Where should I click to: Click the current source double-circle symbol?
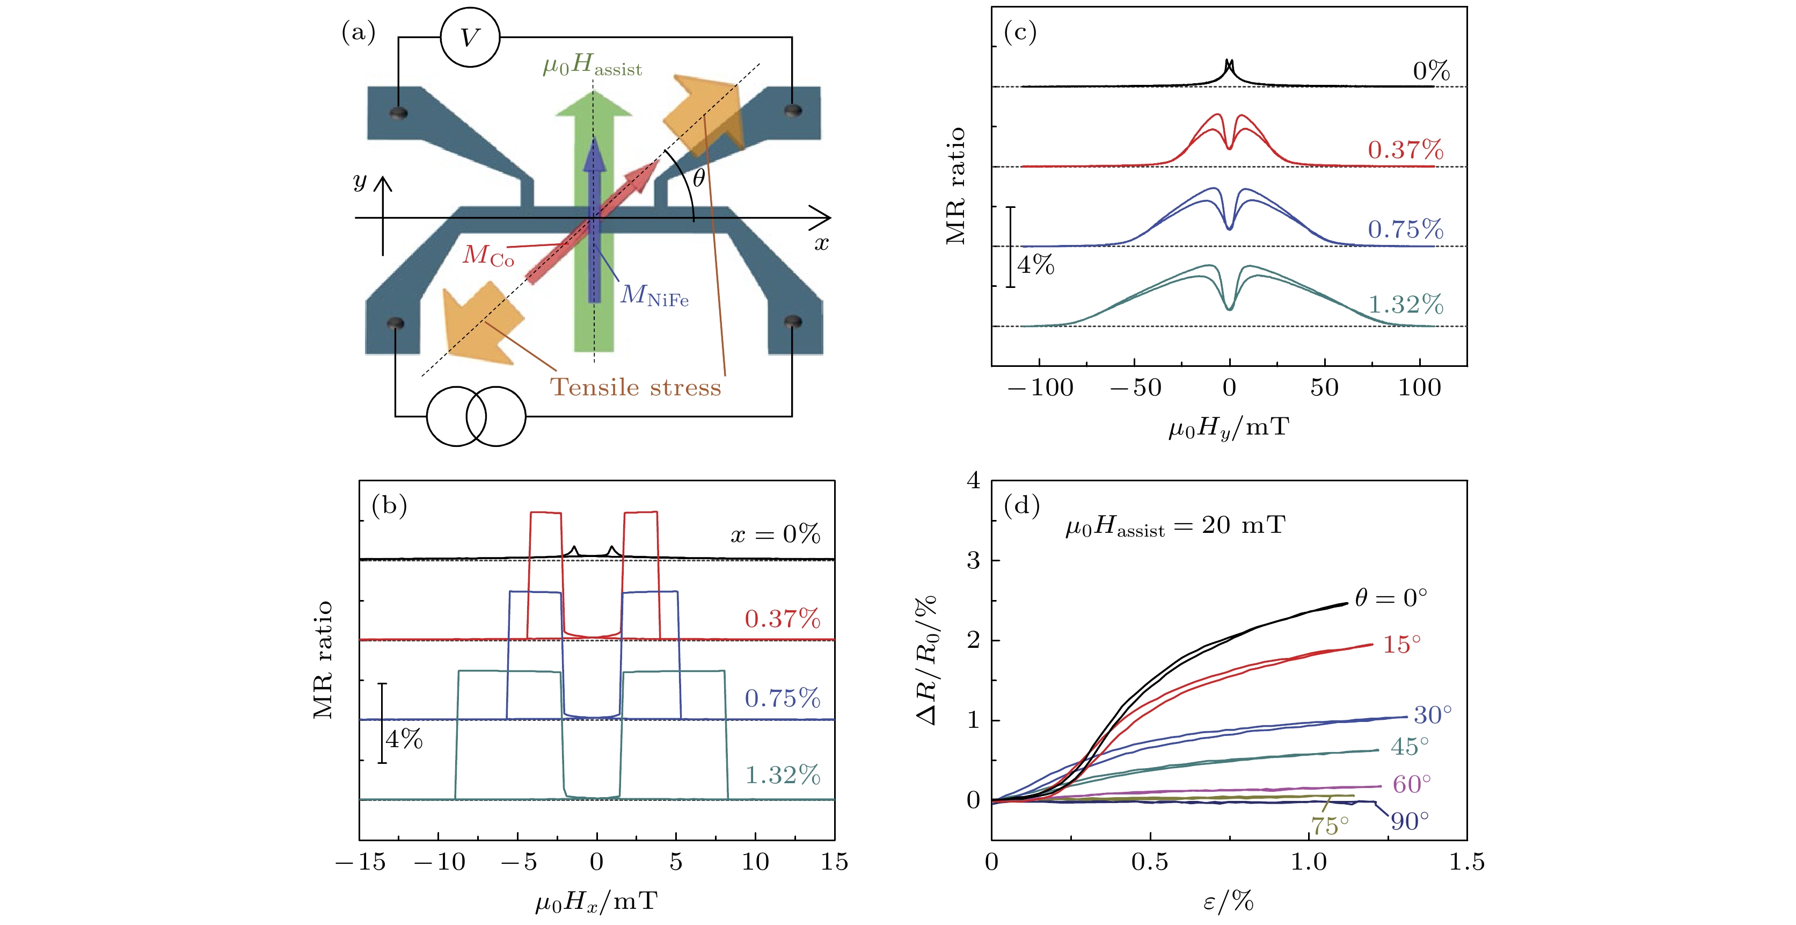(476, 416)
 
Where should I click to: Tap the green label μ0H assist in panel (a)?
(592, 66)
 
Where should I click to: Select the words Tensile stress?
(635, 387)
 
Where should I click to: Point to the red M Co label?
(488, 256)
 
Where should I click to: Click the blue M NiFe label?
(654, 296)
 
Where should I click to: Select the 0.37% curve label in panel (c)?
(1405, 150)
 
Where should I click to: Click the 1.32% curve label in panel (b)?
(782, 775)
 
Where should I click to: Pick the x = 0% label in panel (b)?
(775, 534)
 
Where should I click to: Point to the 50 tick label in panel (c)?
(1324, 388)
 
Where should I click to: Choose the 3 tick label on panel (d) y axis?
(973, 560)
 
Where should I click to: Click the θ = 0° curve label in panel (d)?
(1391, 598)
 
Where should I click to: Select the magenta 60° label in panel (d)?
(1412, 785)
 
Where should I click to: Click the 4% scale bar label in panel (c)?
(1036, 265)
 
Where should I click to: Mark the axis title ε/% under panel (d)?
(1229, 902)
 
